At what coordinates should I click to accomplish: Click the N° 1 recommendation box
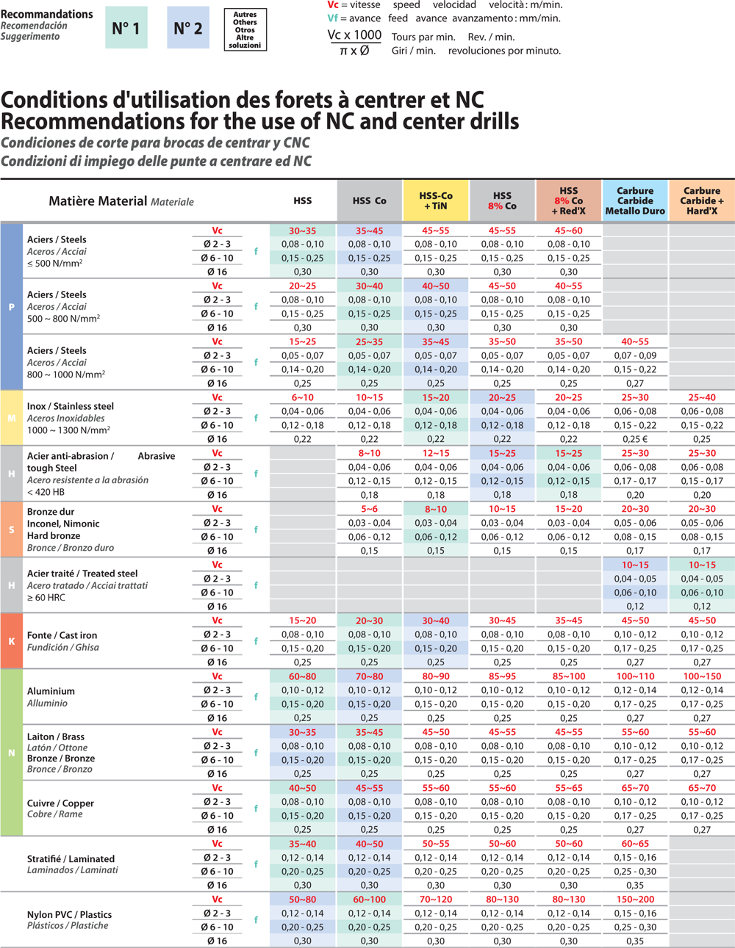(x=126, y=28)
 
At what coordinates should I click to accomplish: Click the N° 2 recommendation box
(x=188, y=28)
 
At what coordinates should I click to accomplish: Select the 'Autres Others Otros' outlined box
(x=245, y=29)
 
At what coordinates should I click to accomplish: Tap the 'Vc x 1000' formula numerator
(x=354, y=35)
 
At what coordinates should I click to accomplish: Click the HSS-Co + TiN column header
(x=436, y=200)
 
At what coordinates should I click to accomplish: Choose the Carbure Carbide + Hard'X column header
(x=702, y=200)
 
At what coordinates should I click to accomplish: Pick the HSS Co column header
(x=369, y=200)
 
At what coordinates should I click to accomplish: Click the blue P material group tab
(x=11, y=306)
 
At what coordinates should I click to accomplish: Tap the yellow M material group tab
(x=11, y=418)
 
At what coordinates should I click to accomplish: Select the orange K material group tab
(x=11, y=641)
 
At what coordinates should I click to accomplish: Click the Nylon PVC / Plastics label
(x=69, y=914)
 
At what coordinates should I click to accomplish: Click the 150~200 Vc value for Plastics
(x=635, y=900)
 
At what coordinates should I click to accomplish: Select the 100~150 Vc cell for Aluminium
(x=702, y=676)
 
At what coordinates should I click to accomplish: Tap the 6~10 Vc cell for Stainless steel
(x=302, y=397)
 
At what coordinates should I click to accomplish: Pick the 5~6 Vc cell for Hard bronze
(x=369, y=509)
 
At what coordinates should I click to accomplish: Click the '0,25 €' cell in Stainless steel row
(x=635, y=439)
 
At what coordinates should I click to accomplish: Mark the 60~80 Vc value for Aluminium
(x=302, y=676)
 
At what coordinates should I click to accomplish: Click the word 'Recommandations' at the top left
(x=47, y=14)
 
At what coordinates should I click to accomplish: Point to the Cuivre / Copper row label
(x=60, y=803)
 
